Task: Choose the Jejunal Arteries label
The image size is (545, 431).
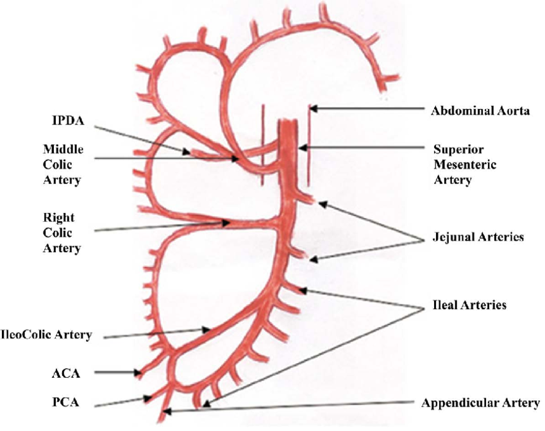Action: click(476, 237)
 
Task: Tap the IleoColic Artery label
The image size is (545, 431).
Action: click(47, 335)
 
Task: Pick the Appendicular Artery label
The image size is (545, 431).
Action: click(480, 403)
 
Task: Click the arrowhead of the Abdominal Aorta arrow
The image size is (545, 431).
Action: click(312, 110)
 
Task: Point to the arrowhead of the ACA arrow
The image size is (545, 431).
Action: click(140, 372)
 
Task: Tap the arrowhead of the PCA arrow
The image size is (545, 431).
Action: click(150, 398)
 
